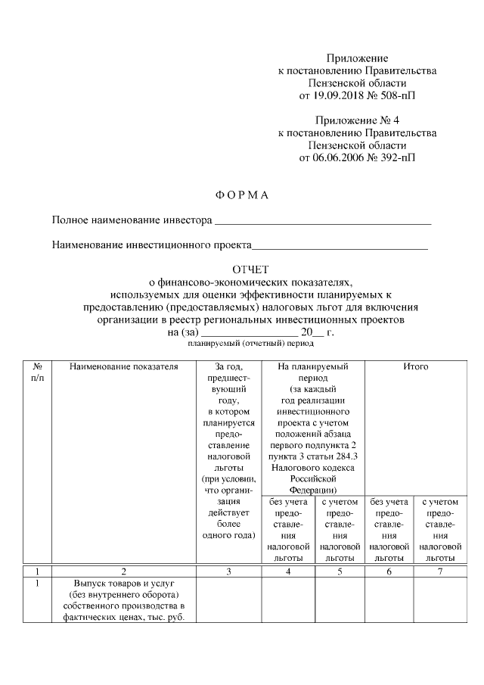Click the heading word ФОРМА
[242, 195]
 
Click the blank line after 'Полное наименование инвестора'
[323, 222]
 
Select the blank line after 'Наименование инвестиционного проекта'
[340, 246]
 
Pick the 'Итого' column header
[415, 367]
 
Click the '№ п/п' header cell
[36, 372]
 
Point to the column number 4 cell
[288, 572]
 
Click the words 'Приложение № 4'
[358, 120]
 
